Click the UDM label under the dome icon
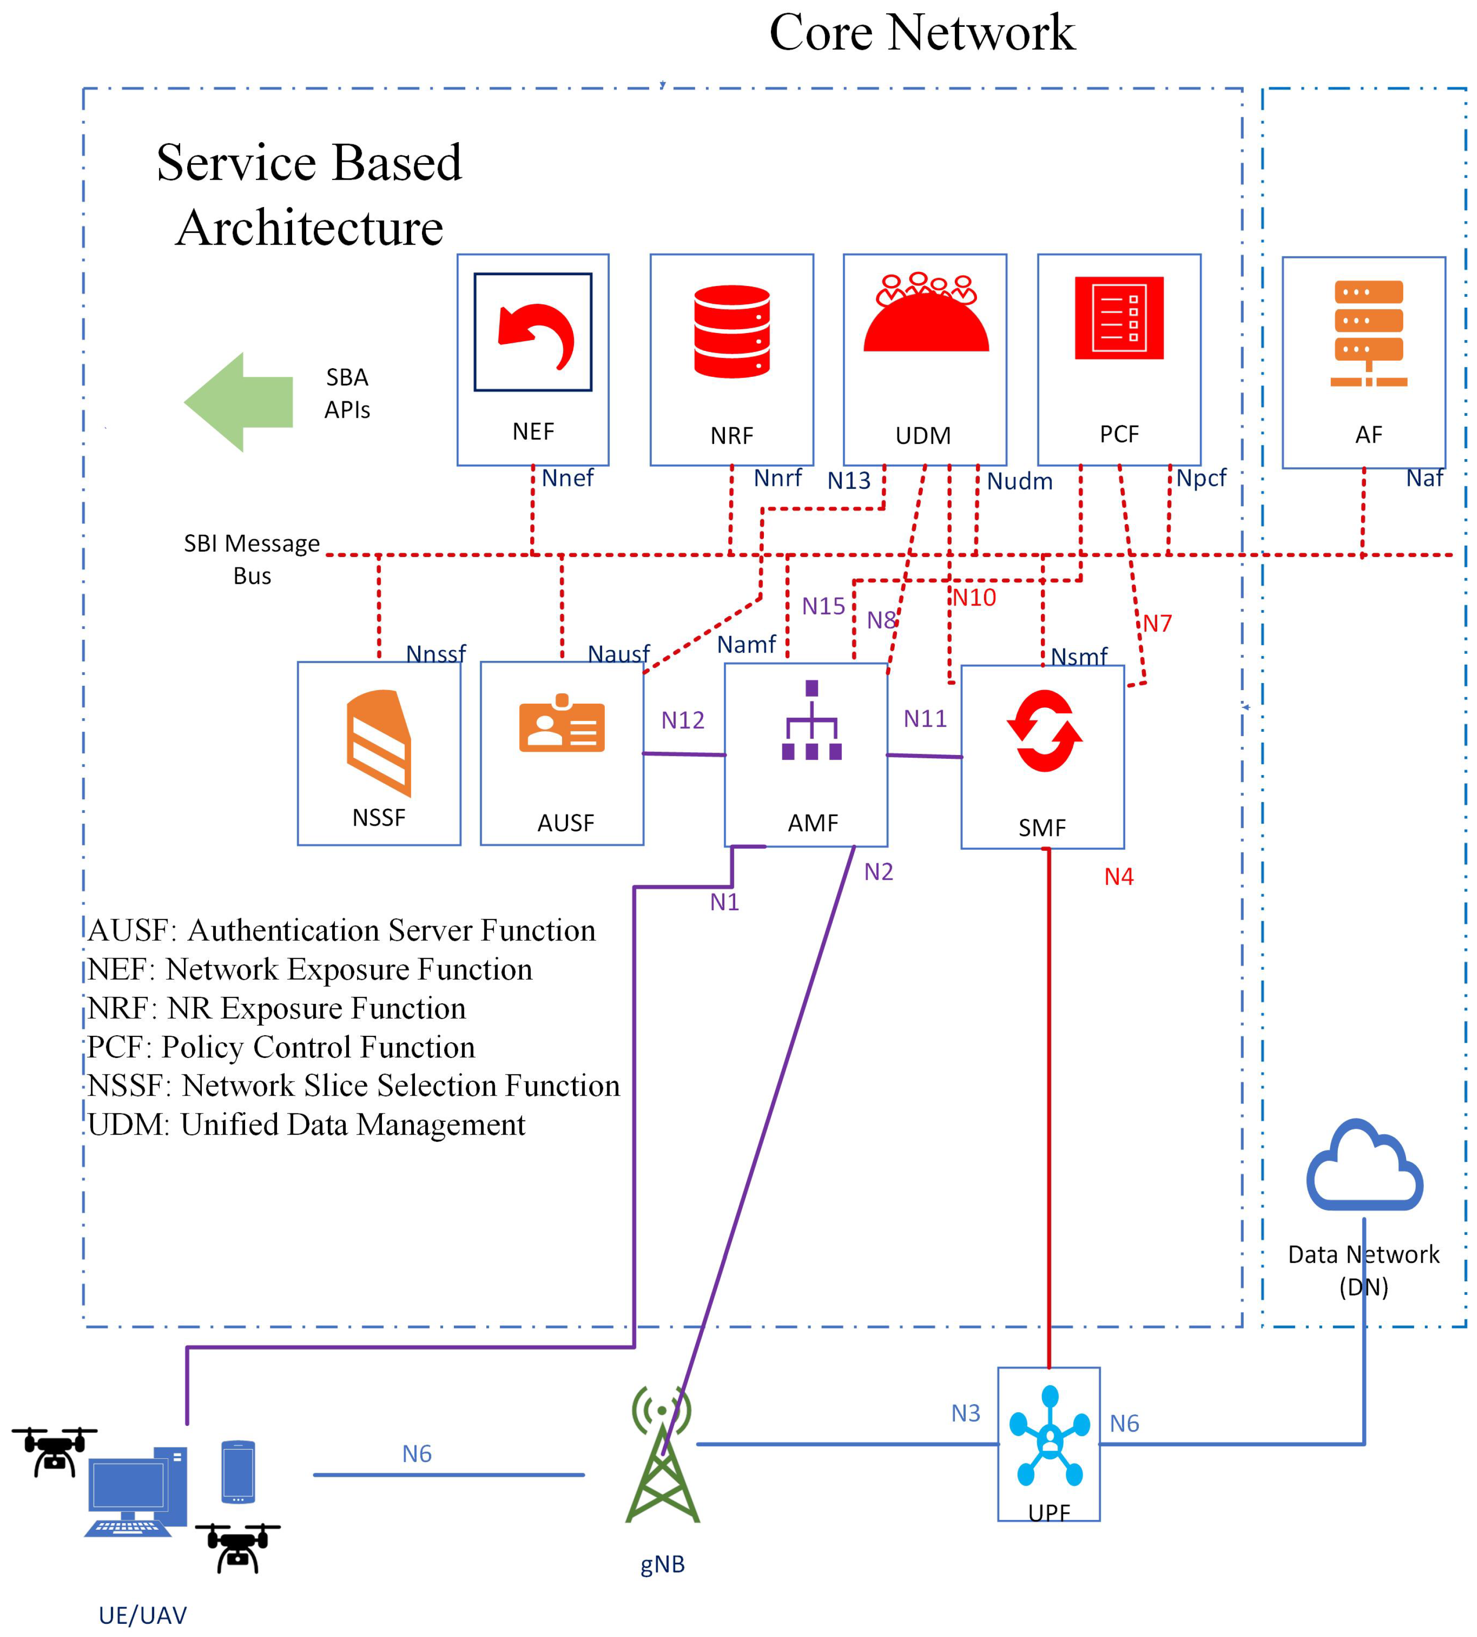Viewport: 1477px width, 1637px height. tap(923, 436)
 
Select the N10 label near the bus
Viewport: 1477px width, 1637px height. tap(974, 598)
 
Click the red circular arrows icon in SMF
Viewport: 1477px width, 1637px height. tap(1044, 731)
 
